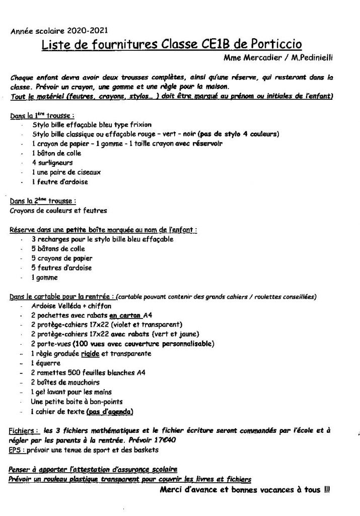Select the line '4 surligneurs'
(x=52, y=163)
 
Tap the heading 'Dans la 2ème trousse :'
(x=44, y=201)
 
